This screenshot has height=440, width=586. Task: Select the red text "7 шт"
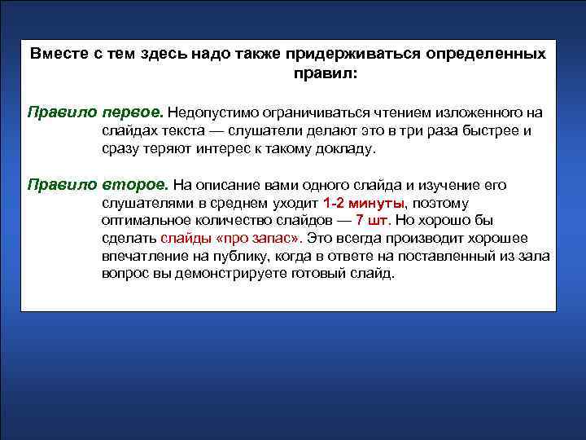tap(374, 221)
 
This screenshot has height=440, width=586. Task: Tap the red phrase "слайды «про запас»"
tap(231, 239)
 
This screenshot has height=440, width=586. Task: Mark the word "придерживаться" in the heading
tap(341, 55)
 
